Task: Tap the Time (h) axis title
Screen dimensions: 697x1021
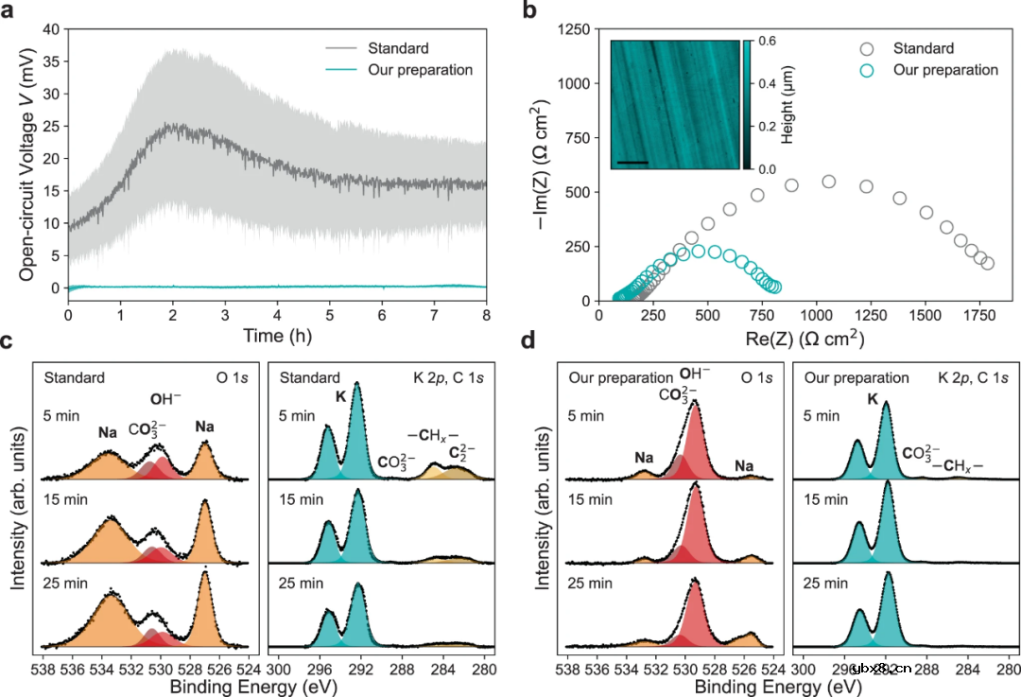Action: (x=276, y=337)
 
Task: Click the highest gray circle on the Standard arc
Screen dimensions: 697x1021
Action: (x=829, y=182)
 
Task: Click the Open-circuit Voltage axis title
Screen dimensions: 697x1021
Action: (x=27, y=166)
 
